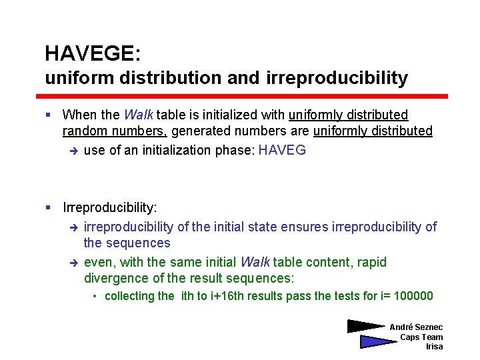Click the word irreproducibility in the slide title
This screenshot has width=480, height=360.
point(337,78)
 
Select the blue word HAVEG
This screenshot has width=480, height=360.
point(282,150)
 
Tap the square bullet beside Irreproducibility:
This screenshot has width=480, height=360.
point(49,208)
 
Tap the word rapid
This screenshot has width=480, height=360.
point(371,262)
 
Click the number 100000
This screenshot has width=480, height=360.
point(414,296)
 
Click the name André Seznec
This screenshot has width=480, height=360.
point(415,327)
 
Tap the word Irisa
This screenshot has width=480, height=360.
point(434,347)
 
